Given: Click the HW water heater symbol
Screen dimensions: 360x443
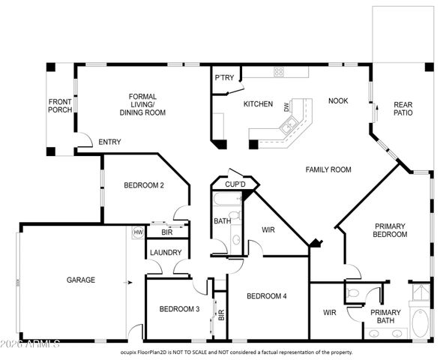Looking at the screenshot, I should tap(138, 232).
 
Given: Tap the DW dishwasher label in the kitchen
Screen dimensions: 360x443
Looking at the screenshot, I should tap(286, 108).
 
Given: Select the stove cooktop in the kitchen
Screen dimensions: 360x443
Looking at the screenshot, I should tap(279, 72).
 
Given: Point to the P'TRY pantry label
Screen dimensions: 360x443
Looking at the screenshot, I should tap(223, 78).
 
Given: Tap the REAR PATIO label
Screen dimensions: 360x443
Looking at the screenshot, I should tap(403, 108).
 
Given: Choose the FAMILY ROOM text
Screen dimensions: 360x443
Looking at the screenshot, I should tap(328, 170).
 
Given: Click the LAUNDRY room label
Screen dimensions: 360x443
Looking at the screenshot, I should tap(165, 253).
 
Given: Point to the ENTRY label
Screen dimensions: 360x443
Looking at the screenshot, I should tap(109, 142).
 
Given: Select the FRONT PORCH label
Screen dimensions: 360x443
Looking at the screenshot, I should tap(60, 106).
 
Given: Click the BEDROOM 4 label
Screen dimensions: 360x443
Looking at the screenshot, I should tap(268, 296).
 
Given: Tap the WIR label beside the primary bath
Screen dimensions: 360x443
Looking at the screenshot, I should tap(329, 312).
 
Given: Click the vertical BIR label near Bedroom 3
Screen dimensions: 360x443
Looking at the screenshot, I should tap(221, 316).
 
